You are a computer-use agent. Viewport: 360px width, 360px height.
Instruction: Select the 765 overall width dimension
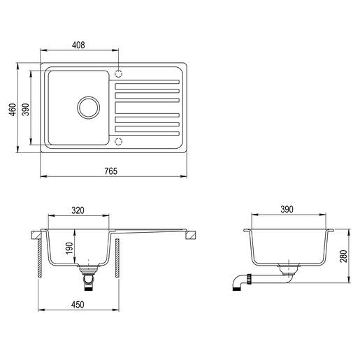click(x=111, y=171)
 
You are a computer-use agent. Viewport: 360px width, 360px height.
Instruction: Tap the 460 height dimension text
click(x=12, y=110)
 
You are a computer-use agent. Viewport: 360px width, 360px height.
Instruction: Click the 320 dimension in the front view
click(x=79, y=209)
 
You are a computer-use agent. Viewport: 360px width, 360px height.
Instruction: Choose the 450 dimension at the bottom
click(x=78, y=304)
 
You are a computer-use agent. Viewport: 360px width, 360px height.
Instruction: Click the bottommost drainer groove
click(x=147, y=131)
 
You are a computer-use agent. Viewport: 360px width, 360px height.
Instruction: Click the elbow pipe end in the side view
click(x=236, y=284)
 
